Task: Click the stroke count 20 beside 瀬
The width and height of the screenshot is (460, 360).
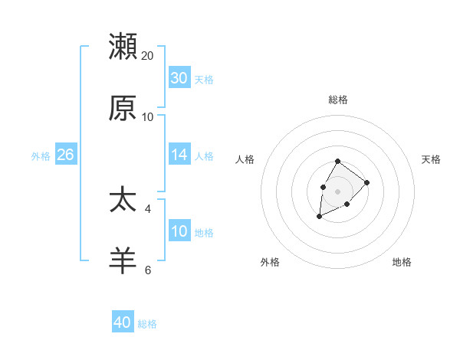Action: (x=148, y=55)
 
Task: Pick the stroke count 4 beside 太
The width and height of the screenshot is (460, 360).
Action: (x=148, y=208)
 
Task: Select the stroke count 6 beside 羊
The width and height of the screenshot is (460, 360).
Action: (x=148, y=270)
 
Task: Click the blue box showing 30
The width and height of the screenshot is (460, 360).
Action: (x=179, y=77)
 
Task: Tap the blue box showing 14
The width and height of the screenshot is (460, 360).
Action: (x=179, y=155)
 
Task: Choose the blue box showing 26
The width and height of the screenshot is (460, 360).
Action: (x=65, y=155)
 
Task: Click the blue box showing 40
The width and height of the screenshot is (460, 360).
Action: (x=123, y=322)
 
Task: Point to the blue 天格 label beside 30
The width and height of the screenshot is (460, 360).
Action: (x=204, y=80)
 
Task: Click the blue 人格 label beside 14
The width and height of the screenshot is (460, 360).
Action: (x=204, y=156)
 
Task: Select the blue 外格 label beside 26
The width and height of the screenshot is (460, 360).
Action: (x=41, y=156)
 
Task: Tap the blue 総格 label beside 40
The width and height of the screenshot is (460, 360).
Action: (x=147, y=324)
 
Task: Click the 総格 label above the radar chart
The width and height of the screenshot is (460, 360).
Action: (x=337, y=100)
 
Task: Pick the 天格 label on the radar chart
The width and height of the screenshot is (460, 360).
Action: (x=431, y=159)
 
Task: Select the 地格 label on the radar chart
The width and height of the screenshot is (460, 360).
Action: (x=402, y=262)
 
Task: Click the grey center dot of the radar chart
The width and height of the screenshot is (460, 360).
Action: (x=337, y=190)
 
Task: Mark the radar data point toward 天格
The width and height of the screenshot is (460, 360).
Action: (x=367, y=182)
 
